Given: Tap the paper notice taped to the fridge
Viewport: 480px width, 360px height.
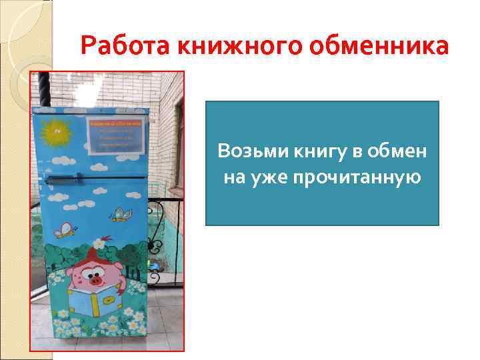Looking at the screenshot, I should (117, 136).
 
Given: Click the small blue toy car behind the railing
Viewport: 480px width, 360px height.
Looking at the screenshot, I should (155, 266).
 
